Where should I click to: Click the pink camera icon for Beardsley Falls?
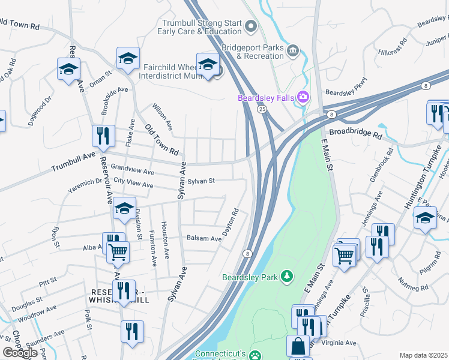pos(304,97)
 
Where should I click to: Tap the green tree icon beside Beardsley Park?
pos(288,276)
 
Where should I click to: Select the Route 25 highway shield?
pos(262,109)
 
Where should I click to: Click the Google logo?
pos(20,352)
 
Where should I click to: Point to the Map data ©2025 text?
pos(424,355)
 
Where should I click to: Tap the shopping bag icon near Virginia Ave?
pos(298,346)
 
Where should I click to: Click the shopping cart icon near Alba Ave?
pos(118,252)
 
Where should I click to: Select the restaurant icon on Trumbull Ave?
pos(103,136)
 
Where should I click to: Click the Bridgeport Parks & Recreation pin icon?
pos(293,50)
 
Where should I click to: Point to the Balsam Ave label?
pos(203,238)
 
